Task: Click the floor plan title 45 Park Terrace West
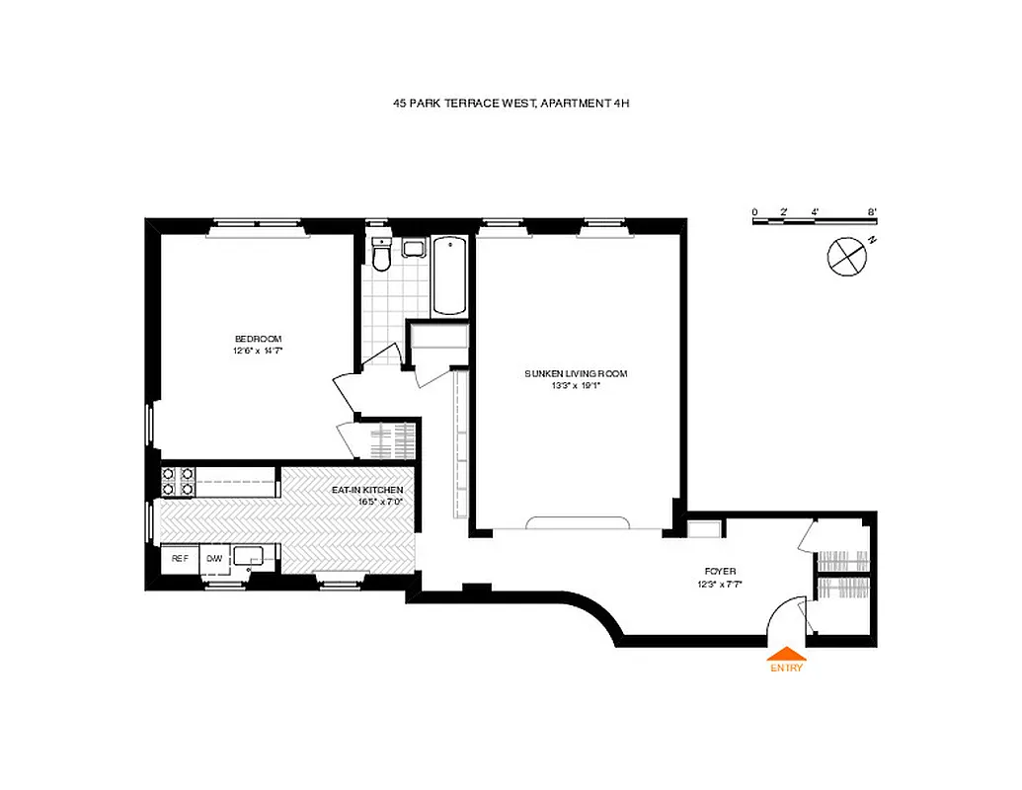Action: (510, 102)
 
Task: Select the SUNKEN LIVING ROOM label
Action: (576, 373)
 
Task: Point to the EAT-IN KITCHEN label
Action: (366, 491)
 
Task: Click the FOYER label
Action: (719, 571)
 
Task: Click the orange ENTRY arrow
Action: (787, 654)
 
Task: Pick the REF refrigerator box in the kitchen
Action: (180, 559)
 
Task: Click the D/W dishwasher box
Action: (214, 559)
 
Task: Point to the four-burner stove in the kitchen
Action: (177, 481)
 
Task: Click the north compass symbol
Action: (847, 256)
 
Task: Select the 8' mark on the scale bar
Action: (873, 211)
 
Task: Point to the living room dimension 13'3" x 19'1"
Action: (576, 385)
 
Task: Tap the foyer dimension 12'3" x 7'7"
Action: (719, 583)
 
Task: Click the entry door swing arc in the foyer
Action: (786, 616)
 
